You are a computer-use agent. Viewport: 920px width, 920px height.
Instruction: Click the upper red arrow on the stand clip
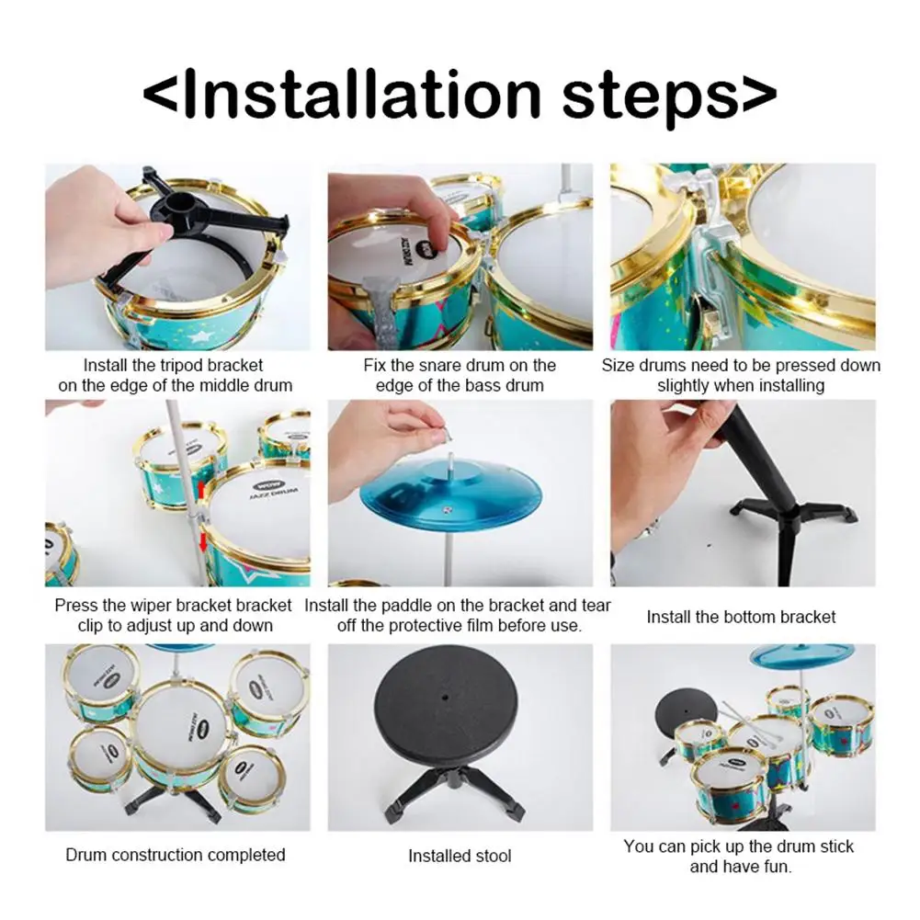(200, 489)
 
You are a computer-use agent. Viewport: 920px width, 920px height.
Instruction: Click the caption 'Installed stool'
(460, 856)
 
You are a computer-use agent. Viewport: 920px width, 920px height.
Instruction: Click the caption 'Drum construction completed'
(176, 855)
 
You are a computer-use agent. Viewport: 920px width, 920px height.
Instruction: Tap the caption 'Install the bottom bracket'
(741, 617)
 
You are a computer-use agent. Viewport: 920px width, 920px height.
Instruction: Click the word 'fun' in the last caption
(778, 866)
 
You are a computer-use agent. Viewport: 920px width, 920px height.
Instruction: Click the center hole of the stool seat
(446, 699)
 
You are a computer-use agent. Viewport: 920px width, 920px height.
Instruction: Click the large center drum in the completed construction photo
(180, 731)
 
